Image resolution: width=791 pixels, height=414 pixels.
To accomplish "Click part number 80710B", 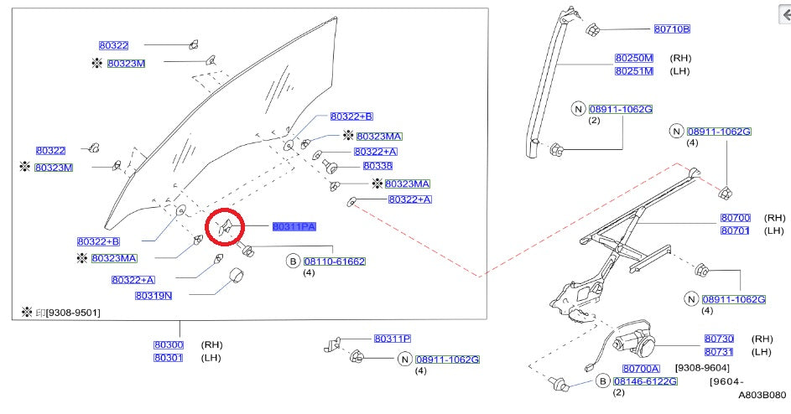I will [x=671, y=28].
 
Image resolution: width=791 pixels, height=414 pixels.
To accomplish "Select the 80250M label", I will [x=633, y=59].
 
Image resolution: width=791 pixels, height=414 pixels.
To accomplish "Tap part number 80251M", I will [x=633, y=71].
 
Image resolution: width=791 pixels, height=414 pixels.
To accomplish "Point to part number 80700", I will [x=735, y=218].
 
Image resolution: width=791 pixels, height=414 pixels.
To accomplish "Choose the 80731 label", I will [x=719, y=351].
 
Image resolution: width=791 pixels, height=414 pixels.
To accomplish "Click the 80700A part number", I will [x=641, y=368].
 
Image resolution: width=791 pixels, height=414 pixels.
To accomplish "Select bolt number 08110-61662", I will [x=334, y=261].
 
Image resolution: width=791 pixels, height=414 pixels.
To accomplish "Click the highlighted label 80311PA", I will [x=294, y=226].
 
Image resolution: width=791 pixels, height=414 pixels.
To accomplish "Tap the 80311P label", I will [x=393, y=339].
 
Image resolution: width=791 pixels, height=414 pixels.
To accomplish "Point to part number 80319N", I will [x=153, y=295].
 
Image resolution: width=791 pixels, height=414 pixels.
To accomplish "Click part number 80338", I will [x=377, y=166].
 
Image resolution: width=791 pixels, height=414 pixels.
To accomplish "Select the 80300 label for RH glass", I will [x=168, y=344].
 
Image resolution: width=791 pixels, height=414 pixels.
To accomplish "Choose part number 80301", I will [x=168, y=358].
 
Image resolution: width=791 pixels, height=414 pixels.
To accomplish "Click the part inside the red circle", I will [x=225, y=227].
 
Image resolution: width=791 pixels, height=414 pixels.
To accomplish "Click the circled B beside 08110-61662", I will [x=294, y=261].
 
